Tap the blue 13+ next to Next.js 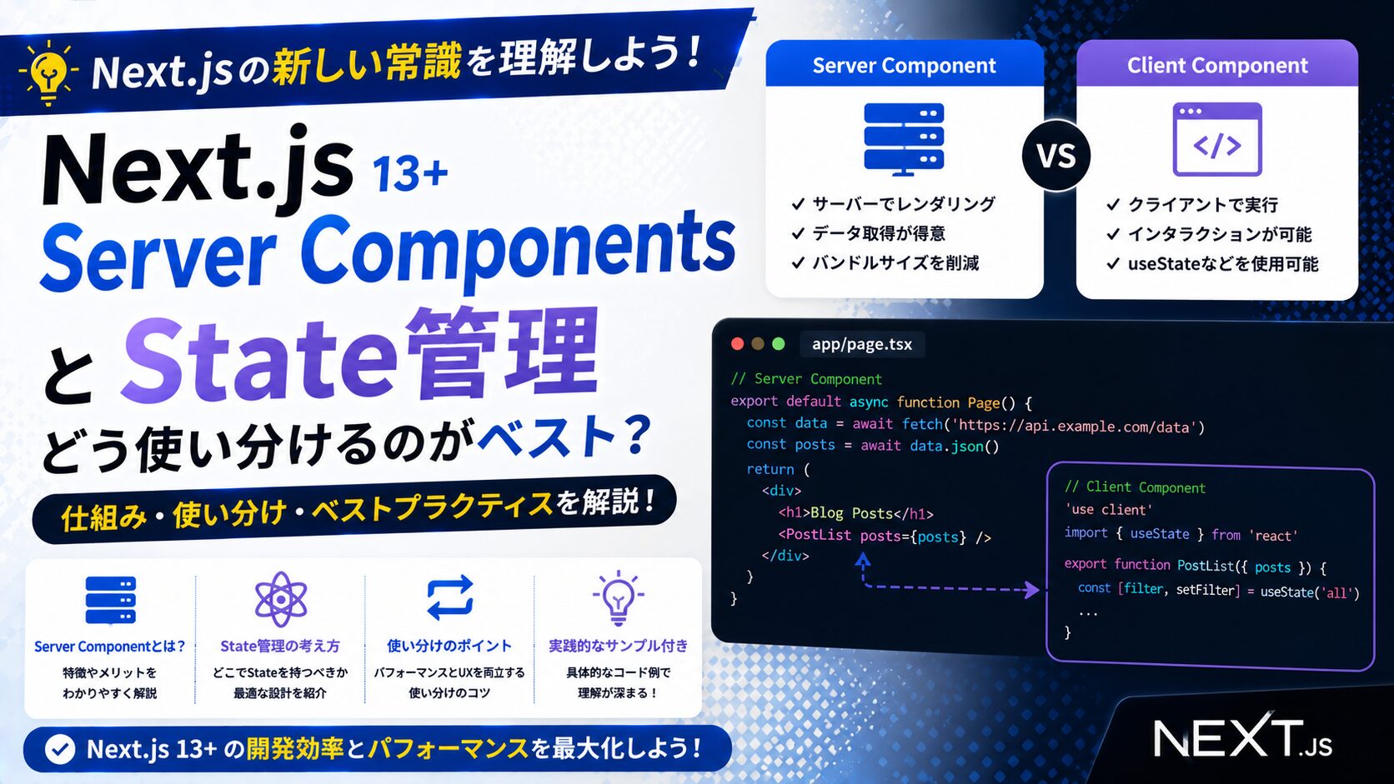(x=410, y=173)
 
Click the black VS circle (x=1056, y=155)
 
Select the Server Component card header (x=905, y=64)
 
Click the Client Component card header (x=1217, y=64)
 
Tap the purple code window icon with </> (x=1217, y=139)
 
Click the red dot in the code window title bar (x=738, y=344)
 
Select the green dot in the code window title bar (x=778, y=344)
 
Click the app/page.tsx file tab (x=862, y=344)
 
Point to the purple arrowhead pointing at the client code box (x=1032, y=589)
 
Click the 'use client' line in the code (x=1108, y=510)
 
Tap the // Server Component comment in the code (x=806, y=378)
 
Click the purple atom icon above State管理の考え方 (x=281, y=599)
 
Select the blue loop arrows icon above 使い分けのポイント (x=450, y=597)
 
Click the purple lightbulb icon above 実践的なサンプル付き (x=618, y=597)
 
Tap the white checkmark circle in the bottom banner (x=60, y=749)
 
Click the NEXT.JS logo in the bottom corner (x=1243, y=738)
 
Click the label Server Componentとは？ (x=109, y=647)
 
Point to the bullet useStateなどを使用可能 (x=1223, y=264)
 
